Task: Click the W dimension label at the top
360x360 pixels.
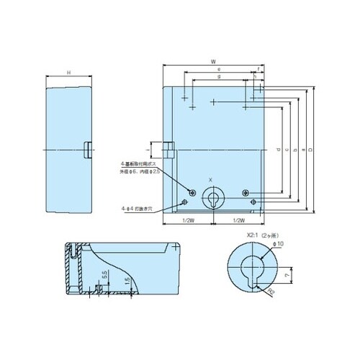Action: point(214,63)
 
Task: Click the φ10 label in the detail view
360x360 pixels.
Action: point(279,245)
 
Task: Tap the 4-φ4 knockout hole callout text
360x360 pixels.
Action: point(138,208)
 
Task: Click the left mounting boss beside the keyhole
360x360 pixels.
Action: point(192,192)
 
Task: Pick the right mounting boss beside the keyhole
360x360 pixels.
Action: point(246,192)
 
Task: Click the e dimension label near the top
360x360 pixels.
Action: point(228,69)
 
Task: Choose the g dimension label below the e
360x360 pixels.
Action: point(219,76)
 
